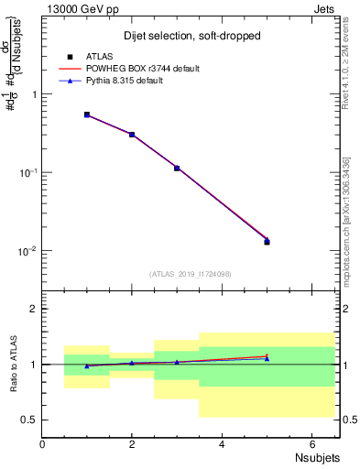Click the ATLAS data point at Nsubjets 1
point(87,115)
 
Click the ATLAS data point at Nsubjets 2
point(132,135)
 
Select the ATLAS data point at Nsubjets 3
point(177,168)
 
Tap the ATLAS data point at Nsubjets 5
point(267,242)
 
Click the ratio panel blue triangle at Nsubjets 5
point(267,358)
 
